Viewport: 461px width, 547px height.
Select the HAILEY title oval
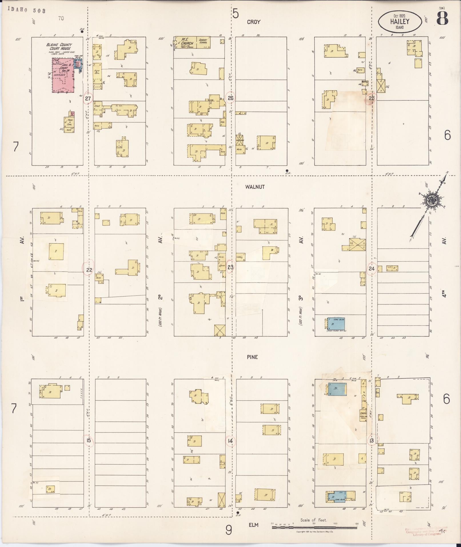[x=400, y=22]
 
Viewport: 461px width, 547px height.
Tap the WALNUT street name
[x=255, y=187]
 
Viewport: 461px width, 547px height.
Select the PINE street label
[x=253, y=357]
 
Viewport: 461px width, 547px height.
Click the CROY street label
[x=254, y=22]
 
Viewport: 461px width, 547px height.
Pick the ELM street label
[x=253, y=525]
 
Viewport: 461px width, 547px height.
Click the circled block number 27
[x=88, y=99]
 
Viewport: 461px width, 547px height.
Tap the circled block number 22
[x=89, y=270]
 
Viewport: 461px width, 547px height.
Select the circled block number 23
[x=230, y=268]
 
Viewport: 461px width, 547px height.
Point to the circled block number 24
[x=371, y=268]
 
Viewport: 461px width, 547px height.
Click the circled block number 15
[x=89, y=440]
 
